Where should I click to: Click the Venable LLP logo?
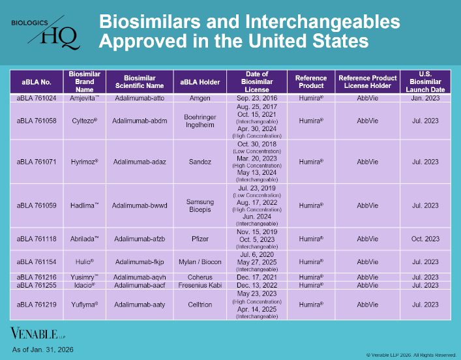pyautogui.click(x=35, y=333)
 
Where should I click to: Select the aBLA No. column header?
pyautogui.click(x=37, y=82)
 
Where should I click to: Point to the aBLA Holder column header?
pyautogui.click(x=200, y=82)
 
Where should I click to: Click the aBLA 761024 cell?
pyautogui.click(x=37, y=98)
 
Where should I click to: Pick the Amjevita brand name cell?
pyautogui.click(x=85, y=98)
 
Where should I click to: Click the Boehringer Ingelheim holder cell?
pyautogui.click(x=200, y=121)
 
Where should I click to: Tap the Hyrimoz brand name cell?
pyautogui.click(x=85, y=161)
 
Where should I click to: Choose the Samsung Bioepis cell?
pyautogui.click(x=200, y=205)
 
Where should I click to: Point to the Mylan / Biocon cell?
pyautogui.click(x=200, y=262)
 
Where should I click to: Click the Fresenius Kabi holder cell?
pyautogui.click(x=200, y=285)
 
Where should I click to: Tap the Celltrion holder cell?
pyautogui.click(x=200, y=305)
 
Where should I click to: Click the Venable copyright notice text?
pyautogui.click(x=410, y=354)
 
